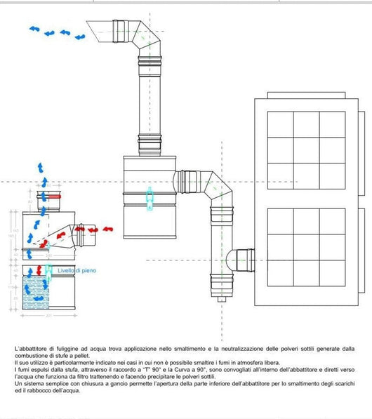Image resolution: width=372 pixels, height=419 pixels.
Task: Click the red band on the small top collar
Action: pyautogui.click(x=51, y=197)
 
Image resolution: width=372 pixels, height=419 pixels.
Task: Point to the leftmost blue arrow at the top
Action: pyautogui.click(x=34, y=29)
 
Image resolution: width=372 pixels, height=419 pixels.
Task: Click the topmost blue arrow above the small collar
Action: pyautogui.click(x=41, y=167)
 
